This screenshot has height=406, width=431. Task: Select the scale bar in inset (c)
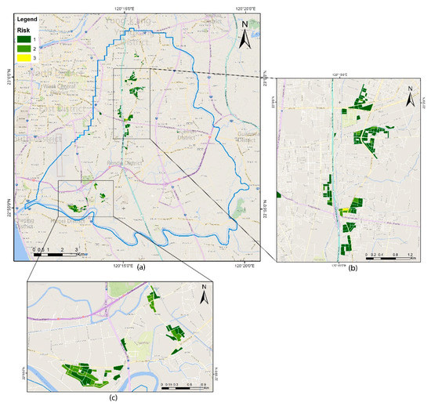[183, 385]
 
